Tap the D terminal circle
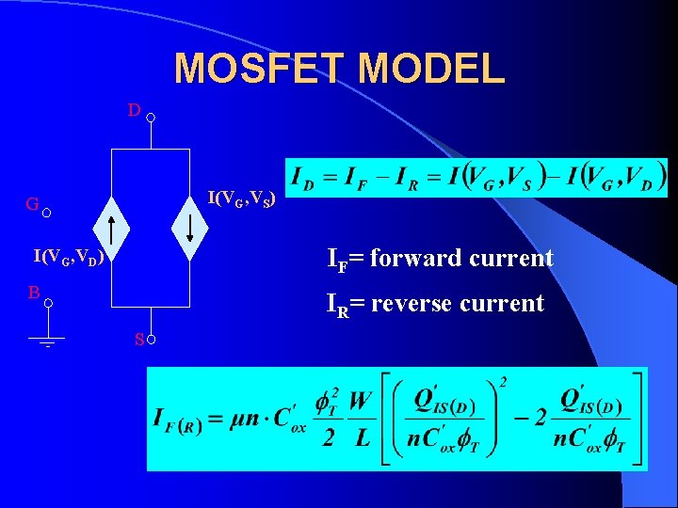tap(151, 119)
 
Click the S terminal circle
tap(151, 340)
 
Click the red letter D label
tap(135, 111)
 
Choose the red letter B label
tap(33, 293)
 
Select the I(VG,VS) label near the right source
tap(241, 199)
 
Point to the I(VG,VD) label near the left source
tap(67, 256)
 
